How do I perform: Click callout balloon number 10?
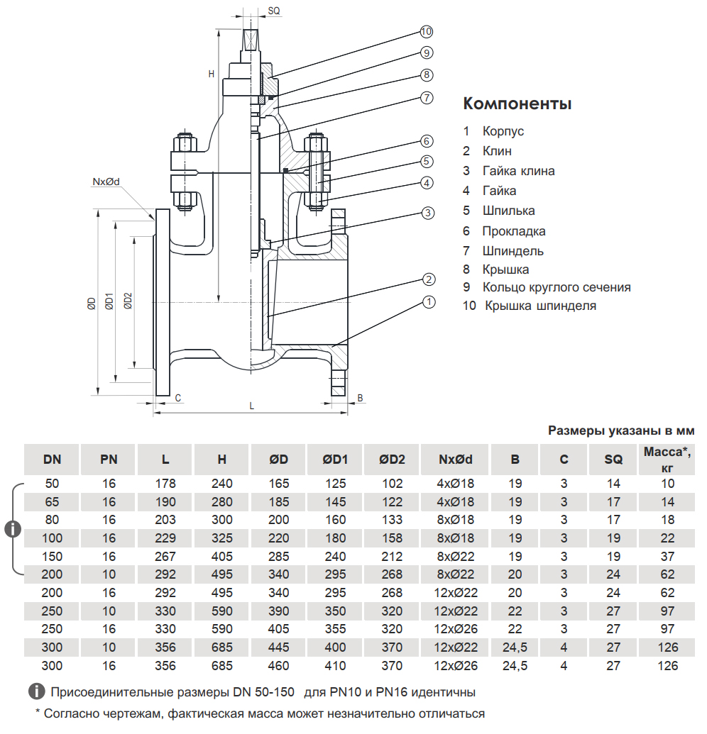pos(426,32)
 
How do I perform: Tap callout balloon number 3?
pos(427,212)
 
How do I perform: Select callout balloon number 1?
pos(427,302)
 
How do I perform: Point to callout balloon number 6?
pos(427,140)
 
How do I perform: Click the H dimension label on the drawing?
pos(211,73)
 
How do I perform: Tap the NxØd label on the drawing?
pos(106,182)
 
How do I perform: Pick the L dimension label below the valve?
pos(251,405)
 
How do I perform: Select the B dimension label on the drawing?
pos(360,398)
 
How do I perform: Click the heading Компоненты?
pos(517,104)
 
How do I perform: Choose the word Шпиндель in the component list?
pos(513,250)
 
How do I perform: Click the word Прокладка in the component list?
pos(514,230)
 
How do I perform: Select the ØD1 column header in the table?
pos(335,460)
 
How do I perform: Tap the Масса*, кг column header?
pos(667,460)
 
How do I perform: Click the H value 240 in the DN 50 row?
pos(222,484)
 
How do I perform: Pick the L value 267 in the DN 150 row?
pos(165,556)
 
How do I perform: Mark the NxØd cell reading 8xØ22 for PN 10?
pos(454,574)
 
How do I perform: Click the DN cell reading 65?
pos(52,502)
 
